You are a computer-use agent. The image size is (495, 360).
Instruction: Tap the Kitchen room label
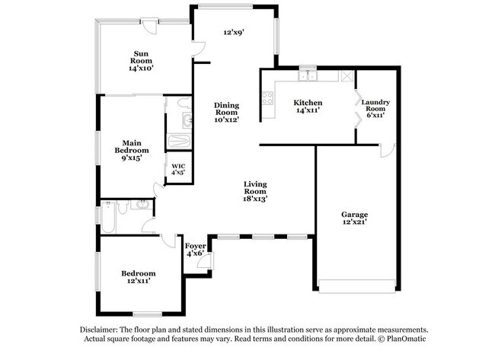coord(308,103)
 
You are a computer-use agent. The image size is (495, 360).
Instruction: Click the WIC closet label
coord(178,166)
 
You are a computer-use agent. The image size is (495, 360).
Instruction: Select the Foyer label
coord(196,246)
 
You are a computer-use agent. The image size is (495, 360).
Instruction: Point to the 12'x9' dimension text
coord(233,33)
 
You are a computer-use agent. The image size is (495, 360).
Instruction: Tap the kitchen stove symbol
coord(267,97)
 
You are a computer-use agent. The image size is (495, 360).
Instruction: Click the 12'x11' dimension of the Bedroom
coord(138,282)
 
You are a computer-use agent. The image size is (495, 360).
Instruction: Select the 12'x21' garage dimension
coord(354,222)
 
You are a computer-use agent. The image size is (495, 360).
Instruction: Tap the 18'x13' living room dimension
coord(255,199)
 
